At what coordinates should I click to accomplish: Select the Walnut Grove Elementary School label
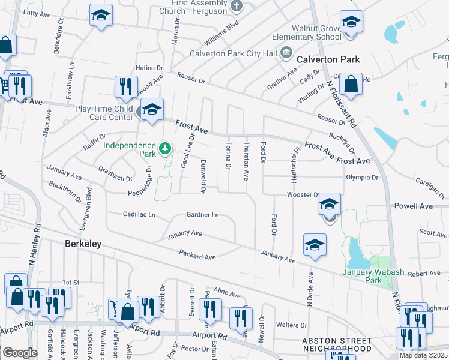click(307, 32)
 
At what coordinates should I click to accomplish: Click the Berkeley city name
click(83, 244)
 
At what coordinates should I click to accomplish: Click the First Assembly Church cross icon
click(237, 7)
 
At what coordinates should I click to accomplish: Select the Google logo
click(20, 352)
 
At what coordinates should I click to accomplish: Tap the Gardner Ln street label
click(202, 215)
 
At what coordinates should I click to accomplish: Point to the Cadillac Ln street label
click(139, 214)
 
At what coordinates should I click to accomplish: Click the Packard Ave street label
click(197, 256)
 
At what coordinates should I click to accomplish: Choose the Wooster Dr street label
click(303, 195)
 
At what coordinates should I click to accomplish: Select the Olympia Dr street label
click(362, 178)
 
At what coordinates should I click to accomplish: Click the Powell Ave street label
click(413, 206)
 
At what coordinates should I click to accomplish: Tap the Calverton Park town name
click(328, 59)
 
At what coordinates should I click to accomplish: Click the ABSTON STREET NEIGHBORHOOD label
click(336, 344)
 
